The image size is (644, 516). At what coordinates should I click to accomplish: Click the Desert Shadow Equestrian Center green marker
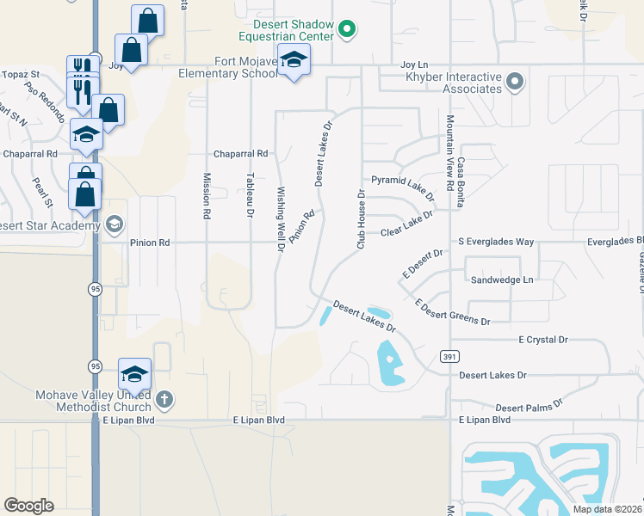pos(347,30)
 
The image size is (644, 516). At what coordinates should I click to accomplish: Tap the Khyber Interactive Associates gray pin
pos(515,83)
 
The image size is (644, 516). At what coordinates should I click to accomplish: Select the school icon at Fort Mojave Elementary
pos(294,61)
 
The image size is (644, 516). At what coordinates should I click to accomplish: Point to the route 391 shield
pos(448,355)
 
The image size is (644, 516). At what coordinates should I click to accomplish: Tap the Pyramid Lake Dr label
pos(403,187)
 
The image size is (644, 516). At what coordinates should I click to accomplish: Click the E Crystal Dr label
pos(543,340)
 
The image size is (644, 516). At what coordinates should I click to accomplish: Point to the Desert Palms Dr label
pos(529,404)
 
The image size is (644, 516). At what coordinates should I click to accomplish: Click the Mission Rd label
pos(207,196)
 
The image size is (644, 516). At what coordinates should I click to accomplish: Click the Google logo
pos(29,505)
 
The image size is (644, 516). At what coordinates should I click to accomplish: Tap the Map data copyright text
pos(605,509)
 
